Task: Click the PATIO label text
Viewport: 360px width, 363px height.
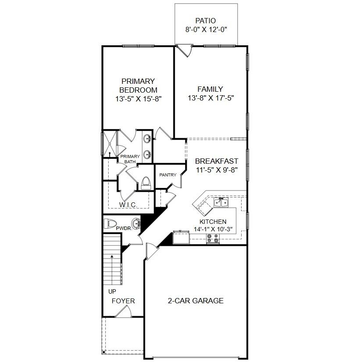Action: pos(206,21)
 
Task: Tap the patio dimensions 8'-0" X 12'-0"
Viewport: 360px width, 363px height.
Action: pos(206,30)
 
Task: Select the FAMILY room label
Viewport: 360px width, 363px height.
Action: pos(210,89)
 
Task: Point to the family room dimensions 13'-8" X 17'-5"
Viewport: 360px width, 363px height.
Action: pos(210,98)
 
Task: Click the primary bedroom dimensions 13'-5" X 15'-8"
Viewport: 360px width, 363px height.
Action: pos(138,99)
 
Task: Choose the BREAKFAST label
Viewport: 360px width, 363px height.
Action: pos(217,161)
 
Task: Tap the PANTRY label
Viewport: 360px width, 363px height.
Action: pos(168,175)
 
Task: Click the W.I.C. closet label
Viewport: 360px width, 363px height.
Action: pos(128,205)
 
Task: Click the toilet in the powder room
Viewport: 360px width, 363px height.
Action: pos(110,224)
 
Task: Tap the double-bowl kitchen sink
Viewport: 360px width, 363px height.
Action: pos(221,202)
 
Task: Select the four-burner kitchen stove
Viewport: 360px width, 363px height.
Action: pos(213,239)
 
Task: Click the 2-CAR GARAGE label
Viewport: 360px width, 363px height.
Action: pos(196,301)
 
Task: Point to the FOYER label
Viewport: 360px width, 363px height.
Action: pos(123,301)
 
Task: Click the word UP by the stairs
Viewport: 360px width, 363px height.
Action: pos(112,291)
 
